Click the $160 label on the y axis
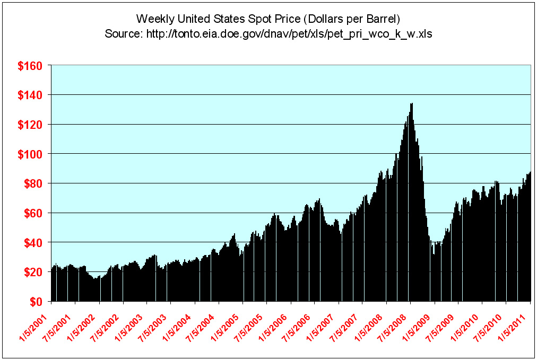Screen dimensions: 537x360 [x=30, y=66]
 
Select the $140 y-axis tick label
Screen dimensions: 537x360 [x=30, y=95]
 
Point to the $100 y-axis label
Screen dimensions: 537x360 [x=30, y=154]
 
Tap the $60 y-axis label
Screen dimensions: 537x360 [x=33, y=213]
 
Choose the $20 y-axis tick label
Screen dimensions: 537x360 [x=33, y=273]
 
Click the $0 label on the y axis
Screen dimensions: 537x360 [x=36, y=302]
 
